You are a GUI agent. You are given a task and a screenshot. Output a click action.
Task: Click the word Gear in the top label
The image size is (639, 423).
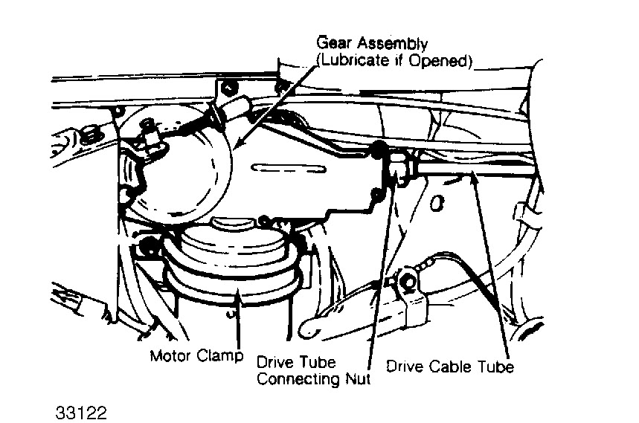(333, 44)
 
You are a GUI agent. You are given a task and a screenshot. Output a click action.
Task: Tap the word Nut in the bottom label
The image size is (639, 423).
(356, 379)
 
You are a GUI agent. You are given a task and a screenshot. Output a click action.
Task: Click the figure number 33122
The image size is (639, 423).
(83, 411)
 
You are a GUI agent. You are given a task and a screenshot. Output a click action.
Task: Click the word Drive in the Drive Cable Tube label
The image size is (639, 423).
(404, 367)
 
